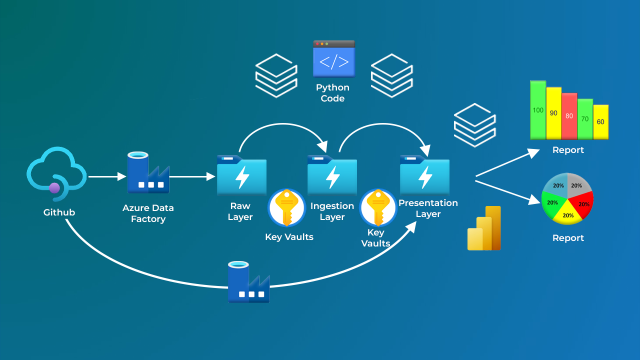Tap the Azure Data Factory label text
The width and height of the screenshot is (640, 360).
point(148,213)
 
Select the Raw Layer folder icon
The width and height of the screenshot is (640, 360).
point(241,175)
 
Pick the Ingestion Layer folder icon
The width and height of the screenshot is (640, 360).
point(332,175)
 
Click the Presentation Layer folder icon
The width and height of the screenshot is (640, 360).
point(424,175)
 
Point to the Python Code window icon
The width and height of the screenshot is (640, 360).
point(334,59)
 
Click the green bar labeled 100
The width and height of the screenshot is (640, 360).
point(538,110)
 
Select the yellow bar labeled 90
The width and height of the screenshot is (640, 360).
point(553,113)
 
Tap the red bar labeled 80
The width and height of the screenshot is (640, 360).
point(569,116)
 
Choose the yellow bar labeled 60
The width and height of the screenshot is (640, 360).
point(600,122)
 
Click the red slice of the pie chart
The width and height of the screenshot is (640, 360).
point(583,202)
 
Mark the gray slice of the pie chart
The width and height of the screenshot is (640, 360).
point(577,184)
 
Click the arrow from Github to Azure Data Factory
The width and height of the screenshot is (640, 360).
point(106,176)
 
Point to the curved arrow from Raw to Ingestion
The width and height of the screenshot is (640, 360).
point(283,127)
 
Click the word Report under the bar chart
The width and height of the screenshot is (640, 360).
point(568,150)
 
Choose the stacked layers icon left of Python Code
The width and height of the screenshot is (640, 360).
point(276,76)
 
